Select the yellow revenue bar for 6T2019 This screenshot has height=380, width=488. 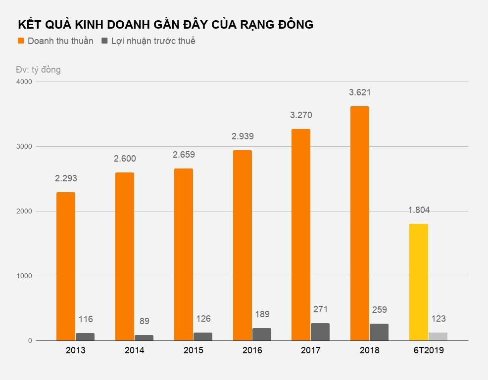[418, 282]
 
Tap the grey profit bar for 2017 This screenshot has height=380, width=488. [320, 332]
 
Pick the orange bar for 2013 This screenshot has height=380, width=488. [65, 266]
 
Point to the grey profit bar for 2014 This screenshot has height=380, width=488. [144, 338]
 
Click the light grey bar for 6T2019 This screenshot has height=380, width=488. [438, 337]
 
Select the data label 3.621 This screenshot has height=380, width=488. [360, 92]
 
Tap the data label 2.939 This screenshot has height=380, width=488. [242, 136]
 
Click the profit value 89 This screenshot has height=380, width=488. [144, 321]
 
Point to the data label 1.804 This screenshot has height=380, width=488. [419, 210]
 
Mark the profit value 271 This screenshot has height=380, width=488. [320, 309]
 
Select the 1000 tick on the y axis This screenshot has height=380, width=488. [24, 276]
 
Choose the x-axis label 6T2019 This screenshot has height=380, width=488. [428, 350]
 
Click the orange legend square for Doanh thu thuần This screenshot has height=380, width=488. [21, 41]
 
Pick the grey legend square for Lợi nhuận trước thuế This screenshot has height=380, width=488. [104, 41]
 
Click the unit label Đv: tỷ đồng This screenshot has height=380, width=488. [38, 70]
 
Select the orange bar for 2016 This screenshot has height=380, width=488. [242, 246]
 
